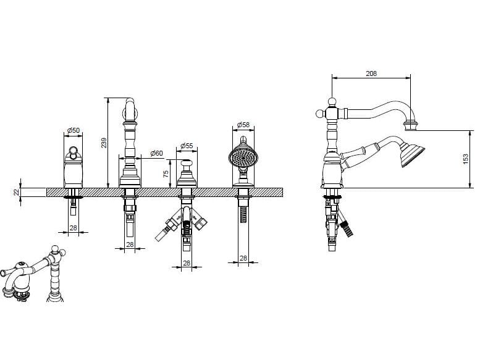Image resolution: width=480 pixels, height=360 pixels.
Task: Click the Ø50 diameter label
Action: coord(73,130)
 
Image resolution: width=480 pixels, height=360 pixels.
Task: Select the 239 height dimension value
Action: coord(104,143)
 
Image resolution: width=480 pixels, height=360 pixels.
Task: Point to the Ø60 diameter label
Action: coord(157,153)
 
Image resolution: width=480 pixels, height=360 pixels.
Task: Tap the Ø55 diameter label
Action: coord(187,146)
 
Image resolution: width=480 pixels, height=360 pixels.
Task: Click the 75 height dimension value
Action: coord(166,174)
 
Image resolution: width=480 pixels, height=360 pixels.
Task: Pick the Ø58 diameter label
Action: coord(243,125)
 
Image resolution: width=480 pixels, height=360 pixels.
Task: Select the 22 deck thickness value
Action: coord(16,192)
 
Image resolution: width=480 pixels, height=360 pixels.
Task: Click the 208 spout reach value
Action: coord(371,73)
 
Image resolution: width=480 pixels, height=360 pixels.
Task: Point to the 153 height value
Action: coord(466,159)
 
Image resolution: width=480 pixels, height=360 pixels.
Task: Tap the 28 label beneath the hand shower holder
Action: coord(243,259)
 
